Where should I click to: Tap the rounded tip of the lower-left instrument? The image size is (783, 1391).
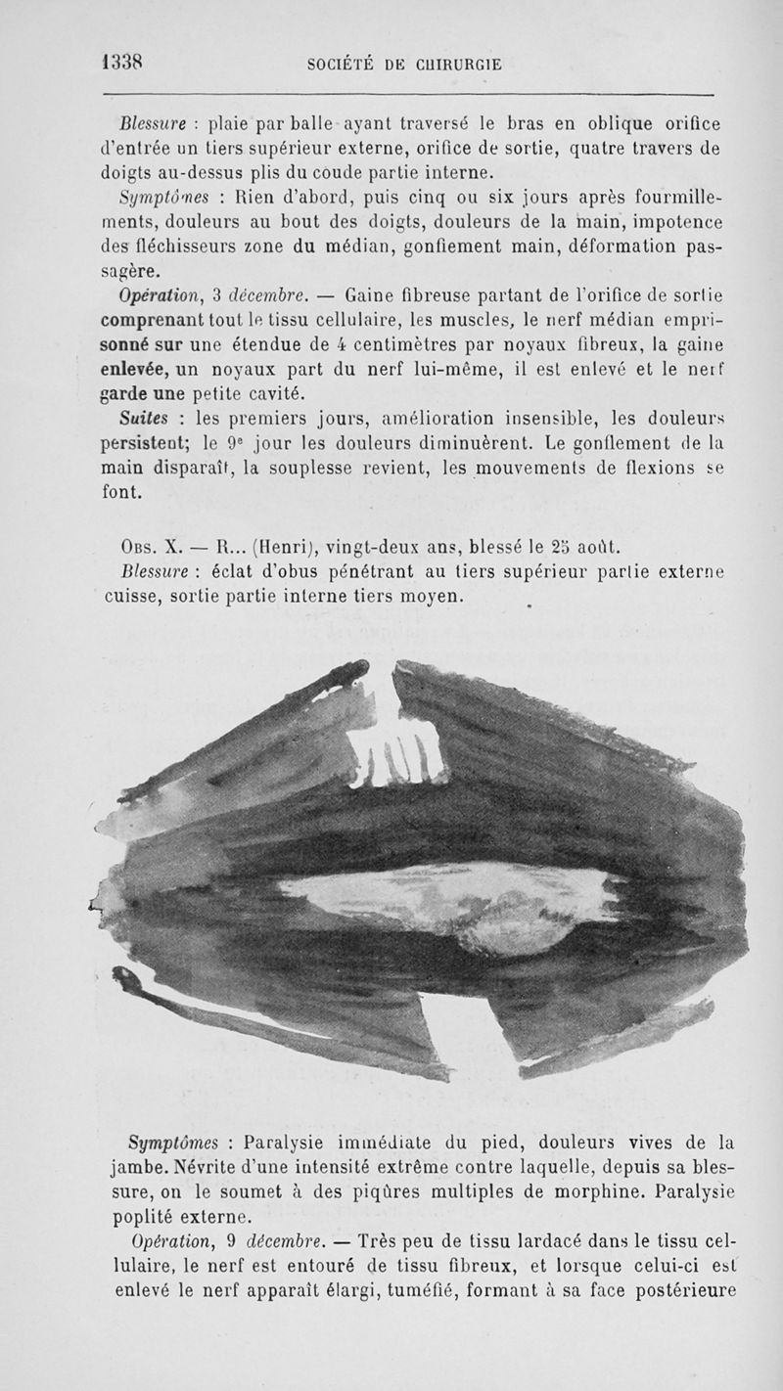124,975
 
